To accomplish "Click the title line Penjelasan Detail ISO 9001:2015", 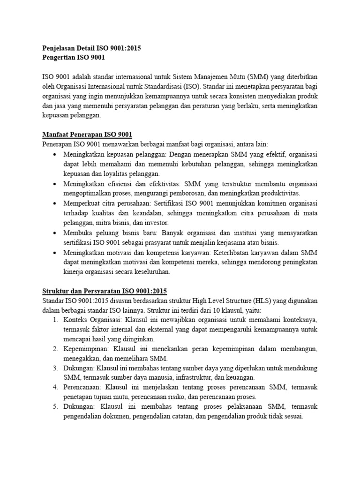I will (91, 48).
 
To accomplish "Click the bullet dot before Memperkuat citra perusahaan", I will (56, 203).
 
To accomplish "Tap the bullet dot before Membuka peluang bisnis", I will (56, 232).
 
